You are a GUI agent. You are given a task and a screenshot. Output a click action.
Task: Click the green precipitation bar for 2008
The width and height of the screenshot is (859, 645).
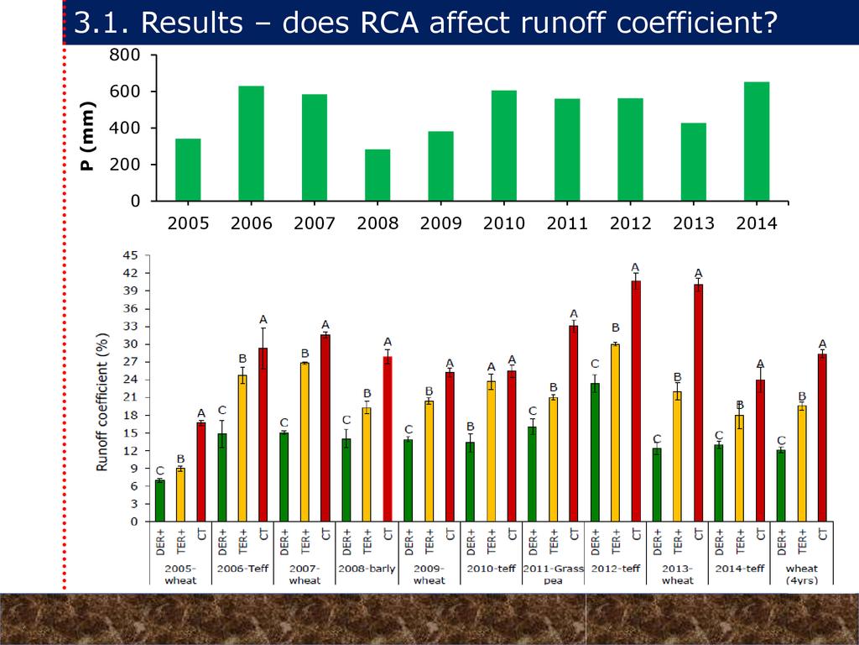377,176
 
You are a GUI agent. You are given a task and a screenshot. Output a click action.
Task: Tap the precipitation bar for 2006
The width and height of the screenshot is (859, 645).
251,144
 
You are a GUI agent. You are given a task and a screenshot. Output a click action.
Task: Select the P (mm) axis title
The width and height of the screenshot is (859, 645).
88,136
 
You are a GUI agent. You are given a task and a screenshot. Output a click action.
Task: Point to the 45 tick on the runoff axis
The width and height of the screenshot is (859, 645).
131,255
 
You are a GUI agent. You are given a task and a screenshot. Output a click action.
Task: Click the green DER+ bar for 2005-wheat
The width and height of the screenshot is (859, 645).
159,501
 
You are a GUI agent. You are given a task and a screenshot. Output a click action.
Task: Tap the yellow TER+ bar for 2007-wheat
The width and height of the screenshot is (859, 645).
305,442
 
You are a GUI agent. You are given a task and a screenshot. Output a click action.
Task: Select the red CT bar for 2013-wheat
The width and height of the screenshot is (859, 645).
698,403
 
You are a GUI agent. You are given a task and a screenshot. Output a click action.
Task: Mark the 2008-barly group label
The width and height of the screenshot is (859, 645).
367,569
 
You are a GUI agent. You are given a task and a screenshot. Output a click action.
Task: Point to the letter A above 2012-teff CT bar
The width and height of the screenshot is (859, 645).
635,267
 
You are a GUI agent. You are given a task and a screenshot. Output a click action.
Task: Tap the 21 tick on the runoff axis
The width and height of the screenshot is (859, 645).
131,397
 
